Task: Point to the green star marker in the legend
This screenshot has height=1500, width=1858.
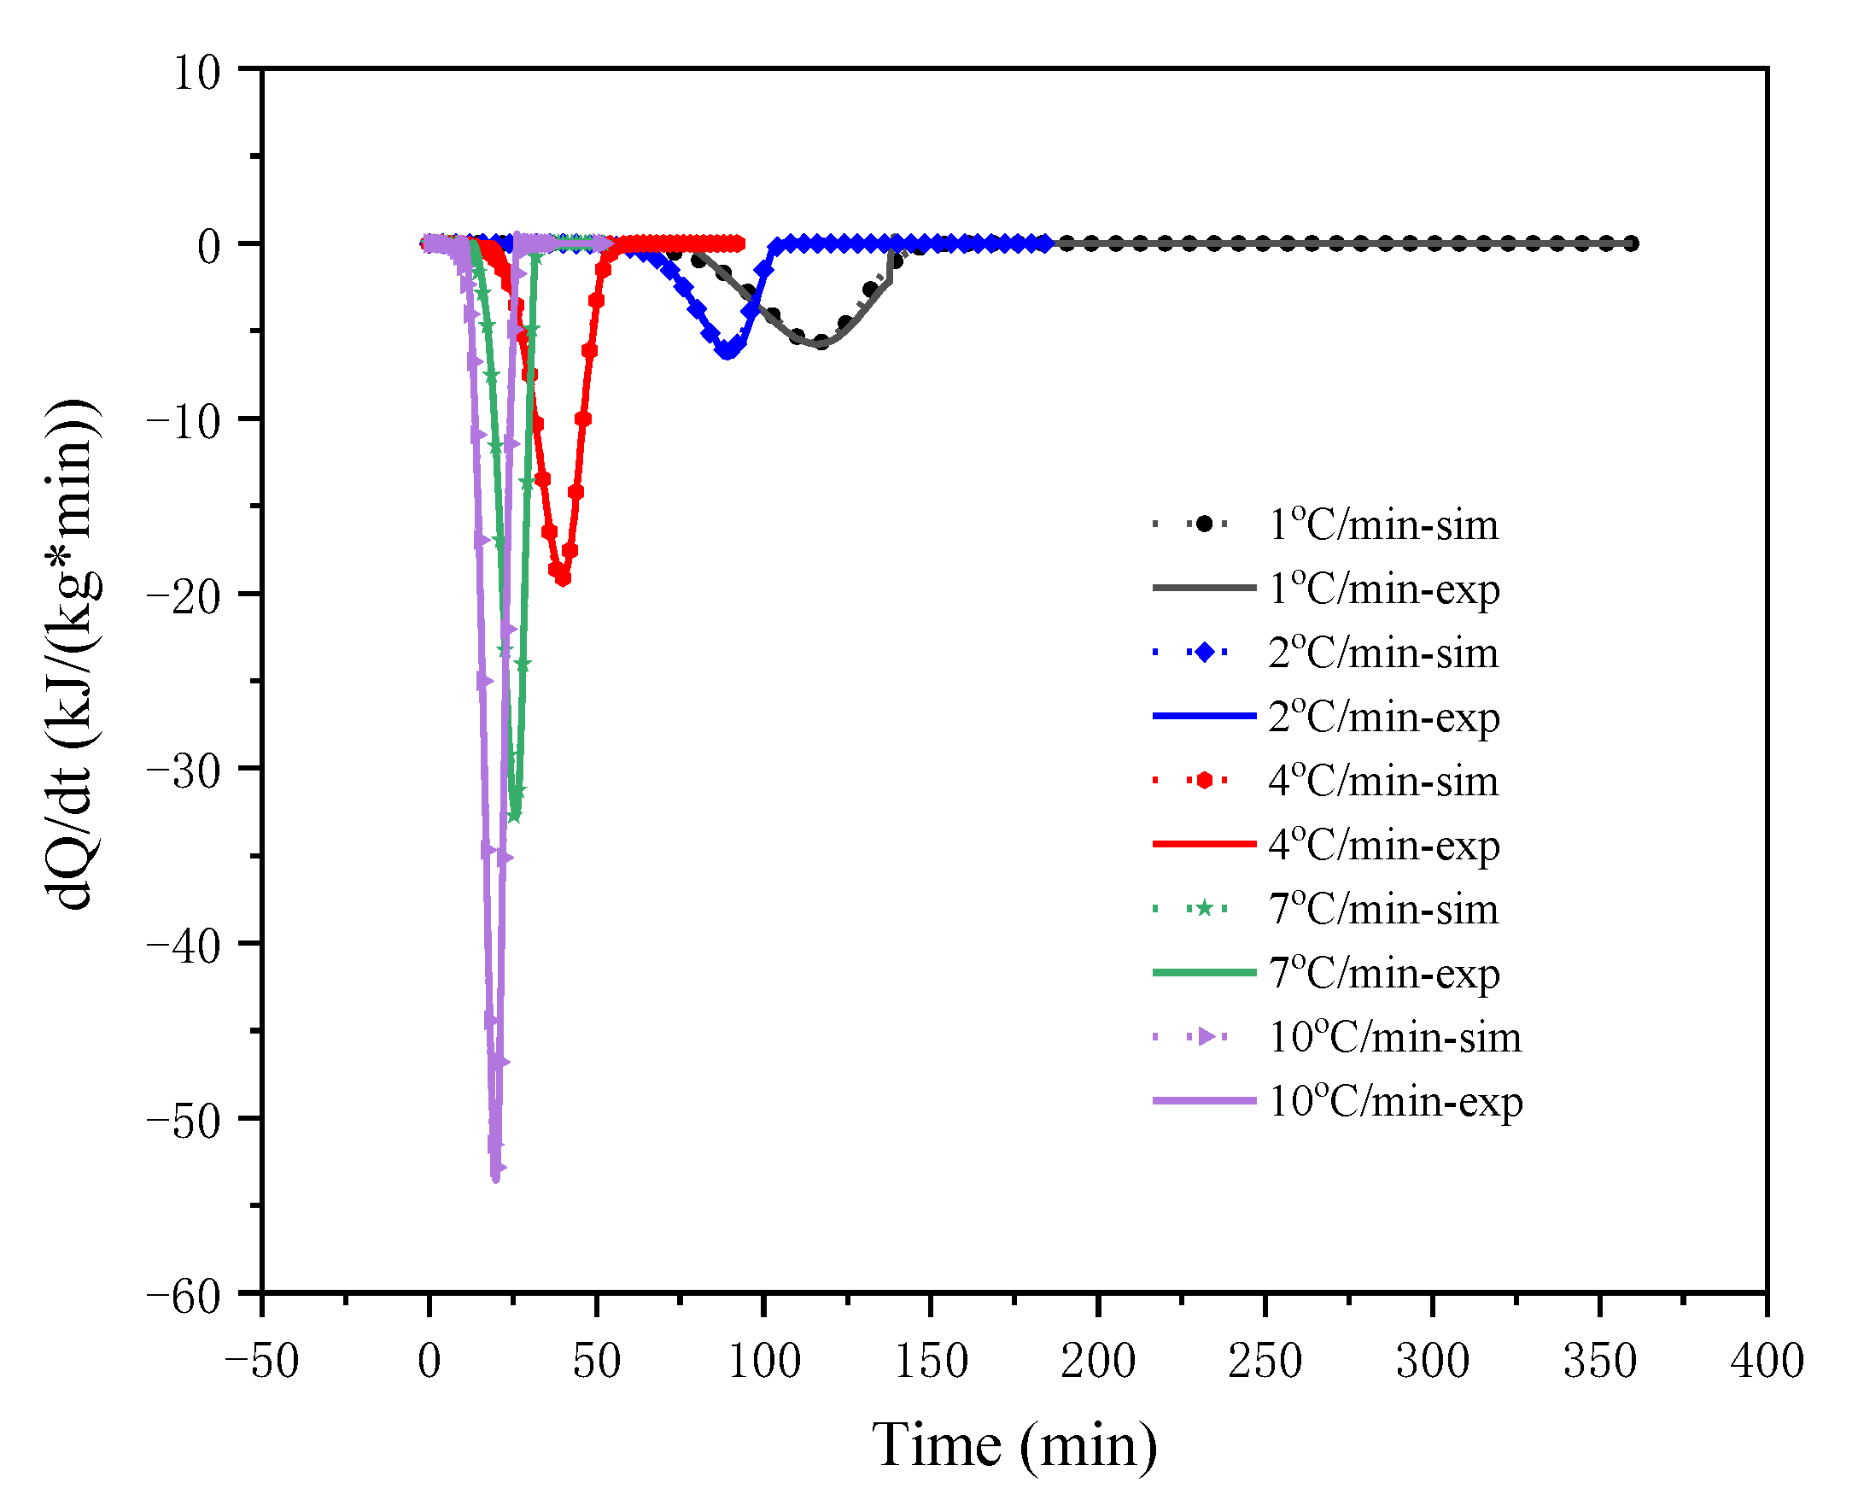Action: (x=1203, y=909)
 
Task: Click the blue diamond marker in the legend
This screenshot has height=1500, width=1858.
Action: (x=1203, y=653)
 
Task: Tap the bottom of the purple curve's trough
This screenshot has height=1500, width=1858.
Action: (x=496, y=1178)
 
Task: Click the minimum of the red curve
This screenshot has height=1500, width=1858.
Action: (x=563, y=579)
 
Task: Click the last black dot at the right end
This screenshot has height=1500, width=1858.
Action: (x=1630, y=243)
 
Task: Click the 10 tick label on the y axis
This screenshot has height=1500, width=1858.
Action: (x=197, y=73)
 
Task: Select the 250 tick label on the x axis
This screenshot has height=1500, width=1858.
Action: (x=1265, y=1362)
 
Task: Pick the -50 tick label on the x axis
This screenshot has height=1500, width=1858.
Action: (x=261, y=1362)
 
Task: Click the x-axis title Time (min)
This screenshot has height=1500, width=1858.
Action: (x=1014, y=1444)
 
